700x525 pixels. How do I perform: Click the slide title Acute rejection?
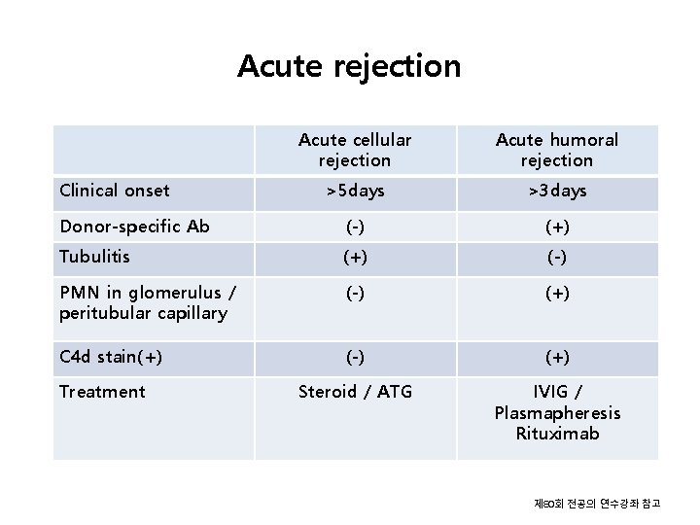[x=349, y=66]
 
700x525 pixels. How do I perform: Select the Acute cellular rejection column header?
[x=355, y=150]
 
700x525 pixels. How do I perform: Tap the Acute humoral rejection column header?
[x=556, y=150]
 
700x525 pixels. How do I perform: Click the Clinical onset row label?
[x=115, y=191]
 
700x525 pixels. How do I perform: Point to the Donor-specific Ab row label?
[x=134, y=227]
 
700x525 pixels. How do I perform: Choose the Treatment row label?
[x=102, y=392]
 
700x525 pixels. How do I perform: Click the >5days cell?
[x=355, y=191]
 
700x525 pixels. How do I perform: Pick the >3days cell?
[x=557, y=191]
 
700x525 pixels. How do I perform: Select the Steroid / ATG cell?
[x=355, y=392]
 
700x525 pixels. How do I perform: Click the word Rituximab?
[x=557, y=434]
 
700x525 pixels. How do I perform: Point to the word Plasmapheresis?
[x=557, y=413]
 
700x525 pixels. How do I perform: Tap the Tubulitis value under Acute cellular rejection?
[x=355, y=258]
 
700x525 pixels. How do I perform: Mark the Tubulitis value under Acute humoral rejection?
[x=557, y=258]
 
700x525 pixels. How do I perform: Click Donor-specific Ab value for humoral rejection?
[x=557, y=227]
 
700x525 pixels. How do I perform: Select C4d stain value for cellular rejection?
[x=355, y=357]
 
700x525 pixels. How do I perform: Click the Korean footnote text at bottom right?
[x=597, y=504]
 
